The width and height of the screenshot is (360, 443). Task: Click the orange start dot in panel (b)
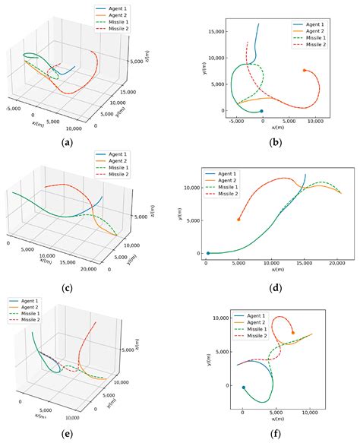[305, 71]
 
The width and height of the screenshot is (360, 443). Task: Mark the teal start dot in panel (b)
[262, 111]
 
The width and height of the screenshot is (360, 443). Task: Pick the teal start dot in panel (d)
[208, 254]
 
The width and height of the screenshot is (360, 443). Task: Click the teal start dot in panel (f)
[243, 388]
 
